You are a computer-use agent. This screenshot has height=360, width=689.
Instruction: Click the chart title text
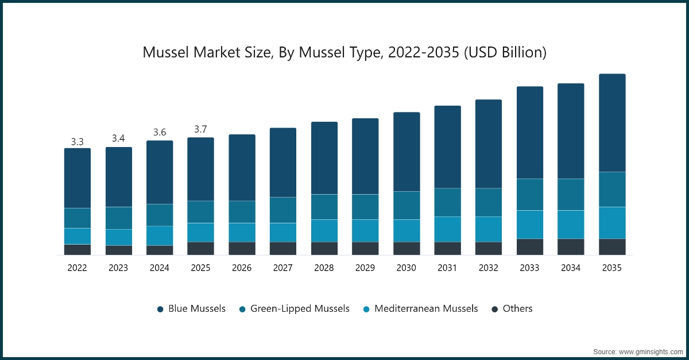[344, 53]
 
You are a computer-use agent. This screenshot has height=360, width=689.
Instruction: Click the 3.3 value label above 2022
[78, 141]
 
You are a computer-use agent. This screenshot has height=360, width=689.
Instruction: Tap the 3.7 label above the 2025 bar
[200, 130]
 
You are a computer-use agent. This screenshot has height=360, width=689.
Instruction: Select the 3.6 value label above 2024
[160, 133]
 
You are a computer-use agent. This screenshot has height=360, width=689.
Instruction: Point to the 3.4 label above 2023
[118, 138]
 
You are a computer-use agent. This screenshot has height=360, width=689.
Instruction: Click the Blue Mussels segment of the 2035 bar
[612, 123]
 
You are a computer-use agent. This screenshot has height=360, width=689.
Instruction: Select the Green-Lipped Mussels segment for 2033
[529, 195]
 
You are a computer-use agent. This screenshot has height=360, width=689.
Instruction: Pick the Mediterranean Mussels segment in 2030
[407, 230]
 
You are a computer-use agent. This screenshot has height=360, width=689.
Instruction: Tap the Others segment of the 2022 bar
[78, 249]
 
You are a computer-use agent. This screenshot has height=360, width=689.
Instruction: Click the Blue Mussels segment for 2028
[324, 158]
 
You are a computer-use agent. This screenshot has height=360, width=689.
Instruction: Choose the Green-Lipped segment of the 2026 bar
[242, 212]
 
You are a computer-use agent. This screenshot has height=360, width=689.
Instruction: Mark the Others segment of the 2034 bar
[571, 246]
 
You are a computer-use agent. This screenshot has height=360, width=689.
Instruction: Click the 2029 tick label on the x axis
[365, 268]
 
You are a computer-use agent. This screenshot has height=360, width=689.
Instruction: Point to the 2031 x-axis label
[447, 268]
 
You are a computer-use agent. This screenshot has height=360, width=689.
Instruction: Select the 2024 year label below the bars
[160, 268]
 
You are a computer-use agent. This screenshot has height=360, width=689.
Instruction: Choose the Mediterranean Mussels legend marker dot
[366, 309]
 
